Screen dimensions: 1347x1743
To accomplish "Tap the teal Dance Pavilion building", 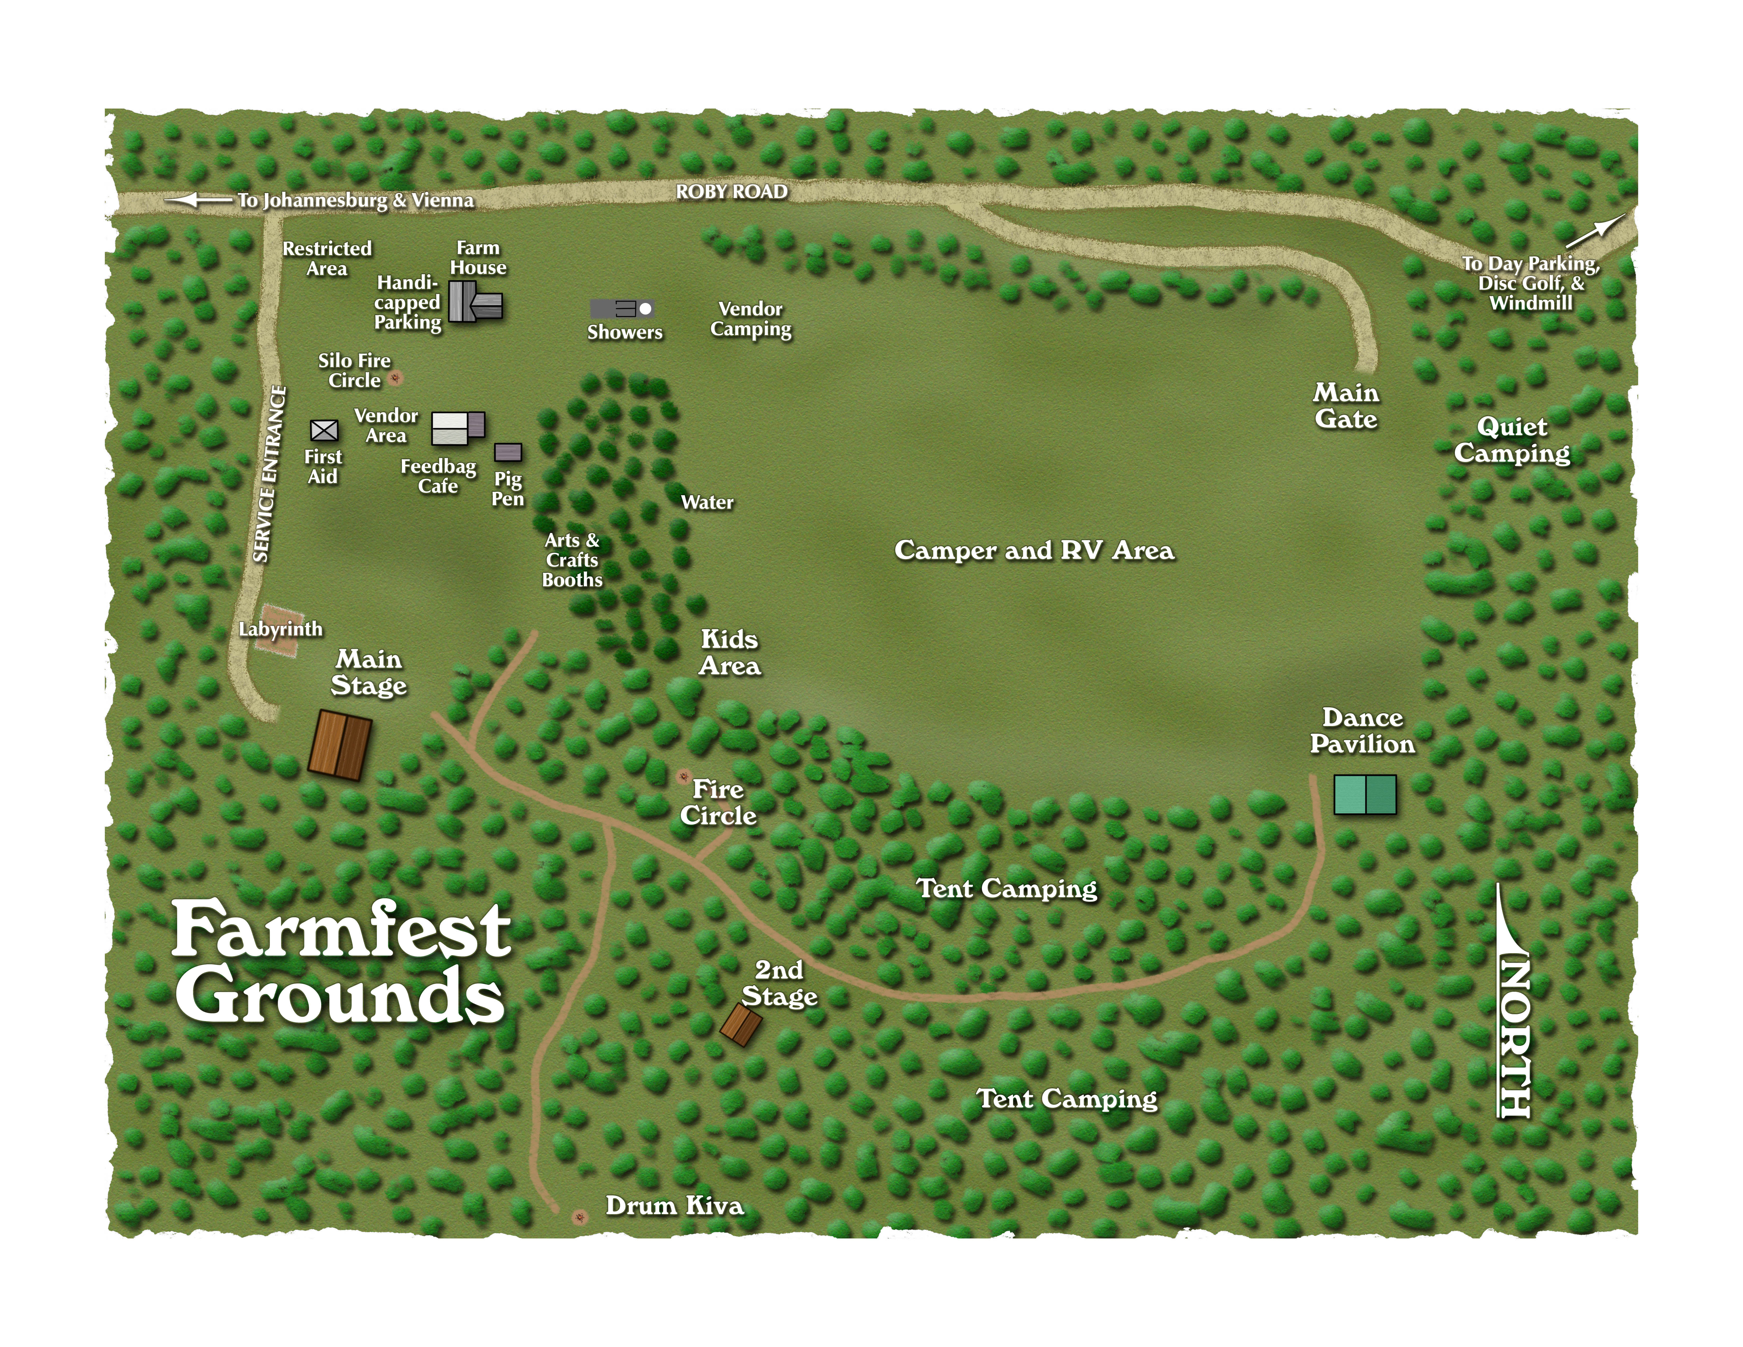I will coord(1365,795).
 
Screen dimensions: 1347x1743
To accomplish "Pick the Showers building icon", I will coord(622,309).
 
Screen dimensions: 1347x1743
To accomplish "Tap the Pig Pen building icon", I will coord(508,452).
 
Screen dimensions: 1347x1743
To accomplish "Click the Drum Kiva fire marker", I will coord(579,1217).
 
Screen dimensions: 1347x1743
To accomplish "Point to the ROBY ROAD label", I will coord(731,191).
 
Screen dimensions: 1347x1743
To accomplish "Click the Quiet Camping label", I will coord(1512,440).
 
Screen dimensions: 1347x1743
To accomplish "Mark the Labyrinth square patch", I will coord(279,630).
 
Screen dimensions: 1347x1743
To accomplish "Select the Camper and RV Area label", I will coord(1034,551).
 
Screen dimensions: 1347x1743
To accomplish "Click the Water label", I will coord(707,503).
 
